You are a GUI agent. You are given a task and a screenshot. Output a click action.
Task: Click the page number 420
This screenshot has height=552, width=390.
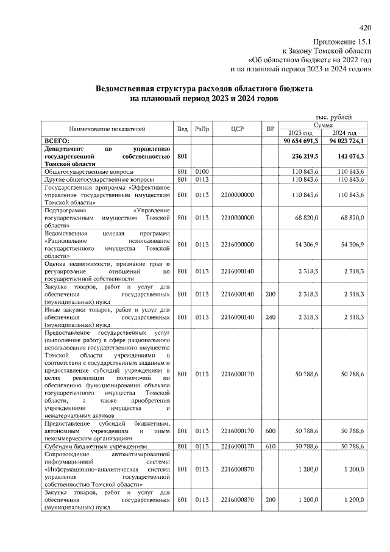tap(366, 27)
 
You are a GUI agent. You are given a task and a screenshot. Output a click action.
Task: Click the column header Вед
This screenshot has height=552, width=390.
tap(182, 129)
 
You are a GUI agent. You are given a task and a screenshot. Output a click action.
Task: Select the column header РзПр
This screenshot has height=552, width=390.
tap(202, 129)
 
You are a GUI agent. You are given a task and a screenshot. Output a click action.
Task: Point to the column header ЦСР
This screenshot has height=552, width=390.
tap(238, 129)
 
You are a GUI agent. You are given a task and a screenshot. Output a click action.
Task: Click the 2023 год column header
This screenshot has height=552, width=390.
tap(300, 133)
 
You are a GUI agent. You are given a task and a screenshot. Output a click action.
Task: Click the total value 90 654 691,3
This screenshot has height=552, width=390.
tap(301, 141)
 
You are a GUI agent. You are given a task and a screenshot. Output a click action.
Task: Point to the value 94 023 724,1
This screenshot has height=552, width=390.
tap(346, 141)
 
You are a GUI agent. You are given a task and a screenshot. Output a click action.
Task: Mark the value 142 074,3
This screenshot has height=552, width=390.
tap(349, 156)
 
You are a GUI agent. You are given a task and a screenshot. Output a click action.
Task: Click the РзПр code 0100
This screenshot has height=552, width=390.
tap(202, 171)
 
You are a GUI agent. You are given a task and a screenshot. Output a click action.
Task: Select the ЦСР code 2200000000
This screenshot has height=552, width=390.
tap(238, 194)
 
